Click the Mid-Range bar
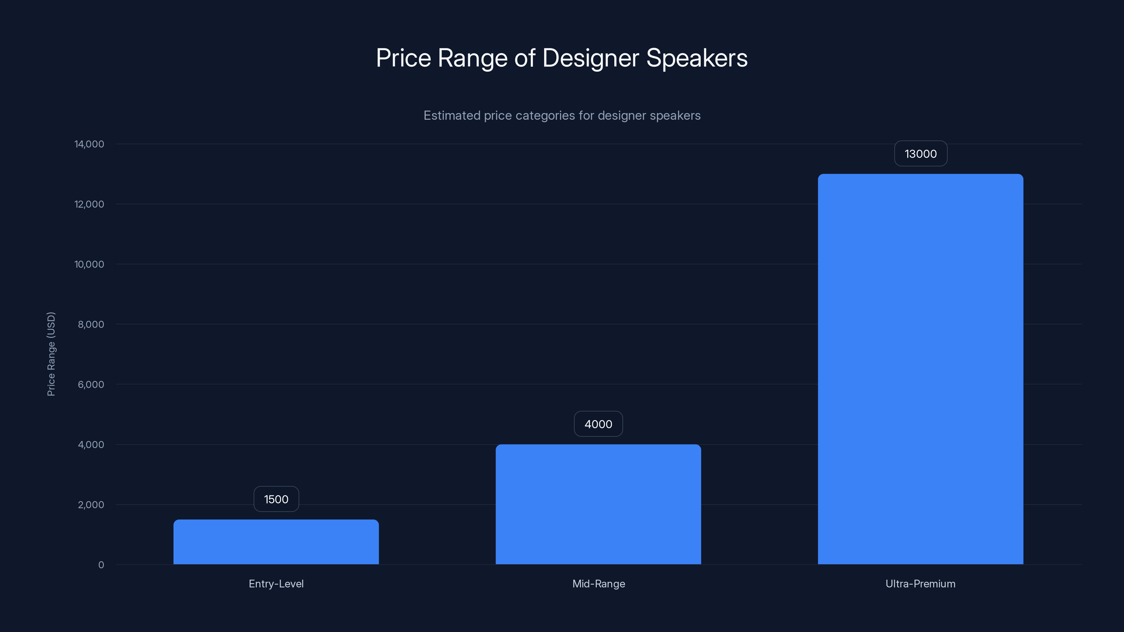(598, 504)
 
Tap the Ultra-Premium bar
(920, 369)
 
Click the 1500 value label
(276, 499)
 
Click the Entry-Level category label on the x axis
(276, 584)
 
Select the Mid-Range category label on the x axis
(598, 584)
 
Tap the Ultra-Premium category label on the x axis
(920, 584)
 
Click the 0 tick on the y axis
(101, 565)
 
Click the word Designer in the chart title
(590, 58)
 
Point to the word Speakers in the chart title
(697, 58)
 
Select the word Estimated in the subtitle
(452, 116)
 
